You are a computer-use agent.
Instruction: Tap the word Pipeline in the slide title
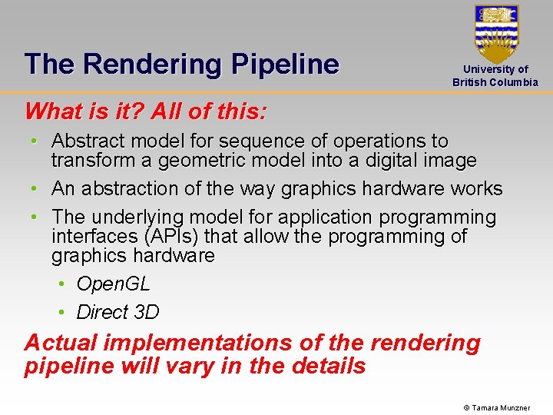pyautogui.click(x=285, y=65)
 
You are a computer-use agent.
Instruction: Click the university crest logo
pyautogui.click(x=496, y=32)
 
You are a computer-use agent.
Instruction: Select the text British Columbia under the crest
pyautogui.click(x=495, y=82)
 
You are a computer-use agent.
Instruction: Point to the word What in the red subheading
pyautogui.click(x=52, y=111)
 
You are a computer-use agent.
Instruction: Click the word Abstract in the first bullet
pyautogui.click(x=91, y=141)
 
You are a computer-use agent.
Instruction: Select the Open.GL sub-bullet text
pyautogui.click(x=114, y=284)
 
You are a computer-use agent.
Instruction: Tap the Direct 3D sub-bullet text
pyautogui.click(x=118, y=312)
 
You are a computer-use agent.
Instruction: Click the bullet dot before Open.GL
pyautogui.click(x=62, y=284)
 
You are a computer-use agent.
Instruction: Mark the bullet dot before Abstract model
pyautogui.click(x=36, y=141)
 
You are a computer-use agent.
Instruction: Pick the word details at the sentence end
pyautogui.click(x=329, y=366)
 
